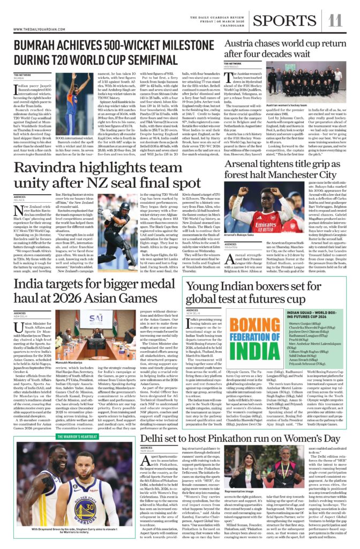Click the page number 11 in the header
pyautogui.click(x=335, y=20)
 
